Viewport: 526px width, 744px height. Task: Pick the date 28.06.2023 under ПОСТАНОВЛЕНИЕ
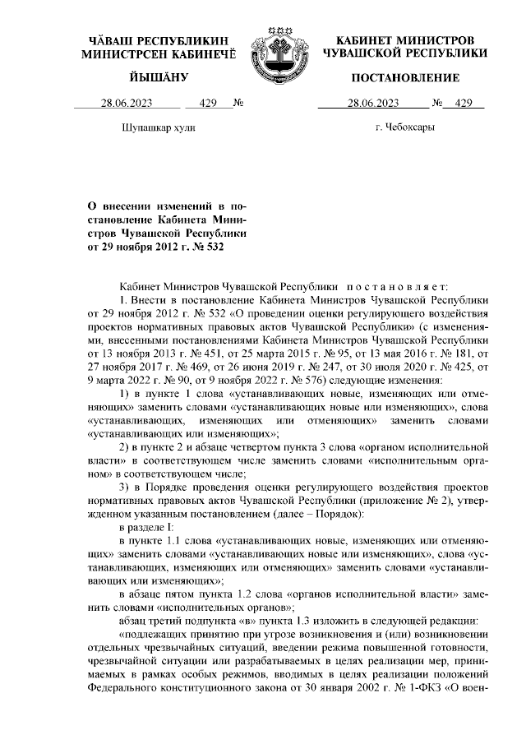click(372, 104)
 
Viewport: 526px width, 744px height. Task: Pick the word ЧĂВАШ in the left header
click(111, 39)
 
